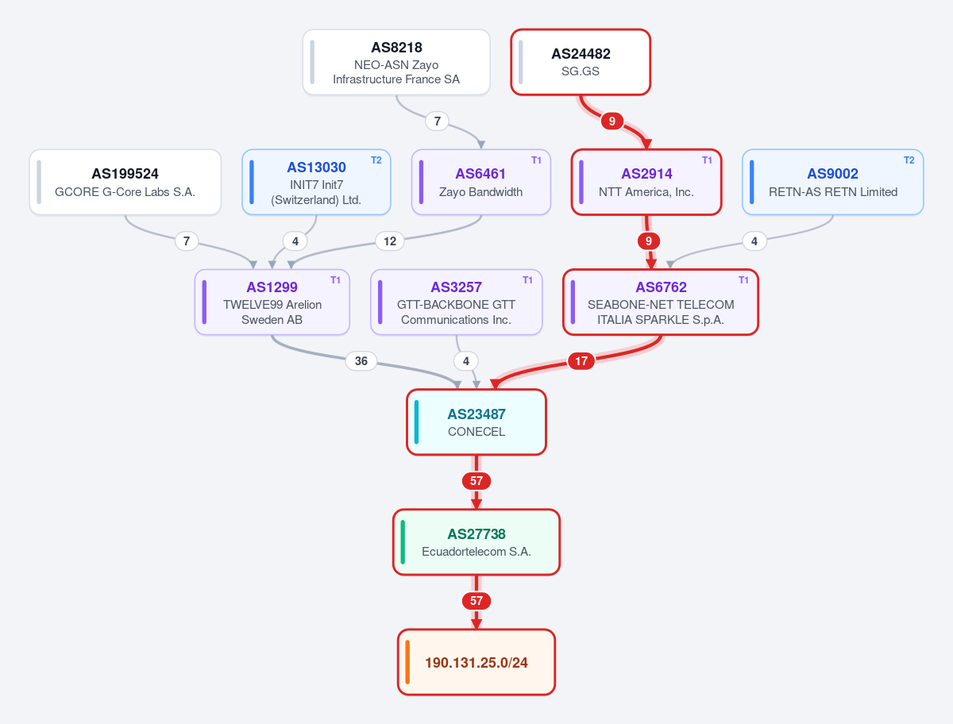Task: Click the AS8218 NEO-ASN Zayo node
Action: (396, 62)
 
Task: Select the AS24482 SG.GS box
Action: (581, 62)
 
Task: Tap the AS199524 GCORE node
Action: (125, 183)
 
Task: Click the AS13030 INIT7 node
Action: (316, 183)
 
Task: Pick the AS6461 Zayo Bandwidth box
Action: (481, 183)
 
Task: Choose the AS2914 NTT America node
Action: (646, 183)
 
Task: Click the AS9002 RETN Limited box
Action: (833, 183)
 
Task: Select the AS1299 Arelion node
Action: (272, 302)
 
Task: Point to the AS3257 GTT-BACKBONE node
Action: (457, 302)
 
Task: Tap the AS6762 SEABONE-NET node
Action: (661, 302)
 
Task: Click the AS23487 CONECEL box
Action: (476, 422)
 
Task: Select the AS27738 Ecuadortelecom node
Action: (476, 542)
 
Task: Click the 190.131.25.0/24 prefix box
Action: (476, 662)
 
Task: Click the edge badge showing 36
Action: (361, 361)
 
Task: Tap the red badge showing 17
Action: (581, 361)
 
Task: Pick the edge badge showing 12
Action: (390, 241)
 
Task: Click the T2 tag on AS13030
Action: (376, 160)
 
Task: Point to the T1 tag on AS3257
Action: (527, 280)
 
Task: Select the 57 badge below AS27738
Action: (476, 601)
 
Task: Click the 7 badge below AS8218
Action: (438, 121)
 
